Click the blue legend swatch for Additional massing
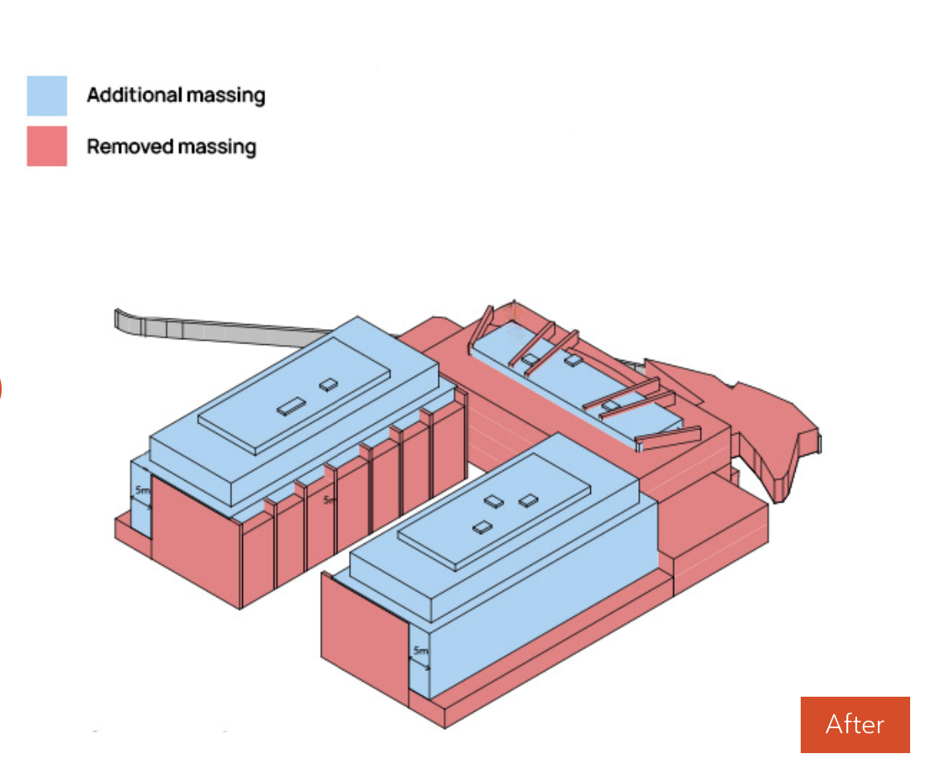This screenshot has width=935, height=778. tap(46, 95)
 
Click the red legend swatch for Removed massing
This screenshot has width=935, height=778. tap(46, 146)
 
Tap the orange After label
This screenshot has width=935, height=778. tap(855, 724)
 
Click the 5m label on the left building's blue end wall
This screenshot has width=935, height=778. tap(143, 491)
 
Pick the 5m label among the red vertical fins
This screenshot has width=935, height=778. tap(330, 499)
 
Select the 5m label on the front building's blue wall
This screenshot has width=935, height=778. tap(421, 650)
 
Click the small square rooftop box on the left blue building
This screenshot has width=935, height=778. tap(329, 384)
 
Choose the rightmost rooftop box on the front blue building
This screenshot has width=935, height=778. tap(529, 500)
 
